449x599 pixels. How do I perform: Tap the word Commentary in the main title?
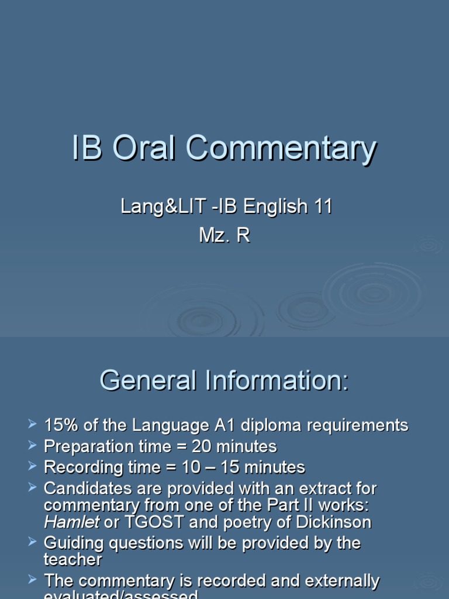click(281, 150)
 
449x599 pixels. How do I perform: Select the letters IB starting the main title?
click(87, 149)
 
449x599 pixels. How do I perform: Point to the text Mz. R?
click(224, 235)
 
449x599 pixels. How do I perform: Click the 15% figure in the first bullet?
click(60, 425)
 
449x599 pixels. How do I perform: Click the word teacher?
click(73, 560)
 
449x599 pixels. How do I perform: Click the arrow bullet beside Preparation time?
click(32, 446)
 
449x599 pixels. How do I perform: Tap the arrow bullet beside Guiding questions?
click(32, 542)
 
